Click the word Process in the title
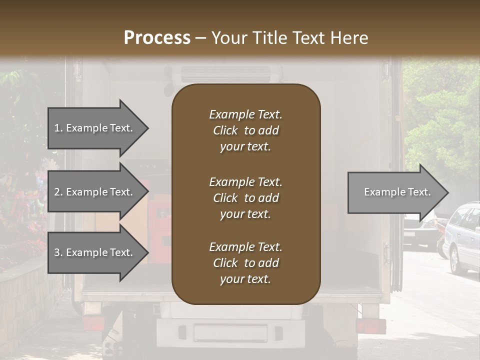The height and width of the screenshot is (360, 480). pos(157,38)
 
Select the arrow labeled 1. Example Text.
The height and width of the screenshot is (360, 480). pos(97,128)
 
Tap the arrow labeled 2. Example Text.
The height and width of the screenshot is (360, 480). pos(97,192)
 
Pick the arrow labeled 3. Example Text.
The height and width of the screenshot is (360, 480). pos(97,252)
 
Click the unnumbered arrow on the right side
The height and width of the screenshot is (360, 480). pos(397,192)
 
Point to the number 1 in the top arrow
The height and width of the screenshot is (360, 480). pos(57,128)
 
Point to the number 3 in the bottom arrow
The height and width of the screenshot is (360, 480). pos(57,252)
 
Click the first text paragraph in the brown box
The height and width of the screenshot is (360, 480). pos(245,130)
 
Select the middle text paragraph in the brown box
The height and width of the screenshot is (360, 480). pos(245,198)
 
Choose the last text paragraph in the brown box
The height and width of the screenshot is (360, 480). pos(245,263)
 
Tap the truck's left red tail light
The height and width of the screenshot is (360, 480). pos(93,323)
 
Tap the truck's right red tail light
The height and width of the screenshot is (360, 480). pos(370,326)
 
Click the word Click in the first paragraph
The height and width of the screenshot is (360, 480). pos(225,130)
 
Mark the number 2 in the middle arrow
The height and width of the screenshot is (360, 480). pos(57,192)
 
